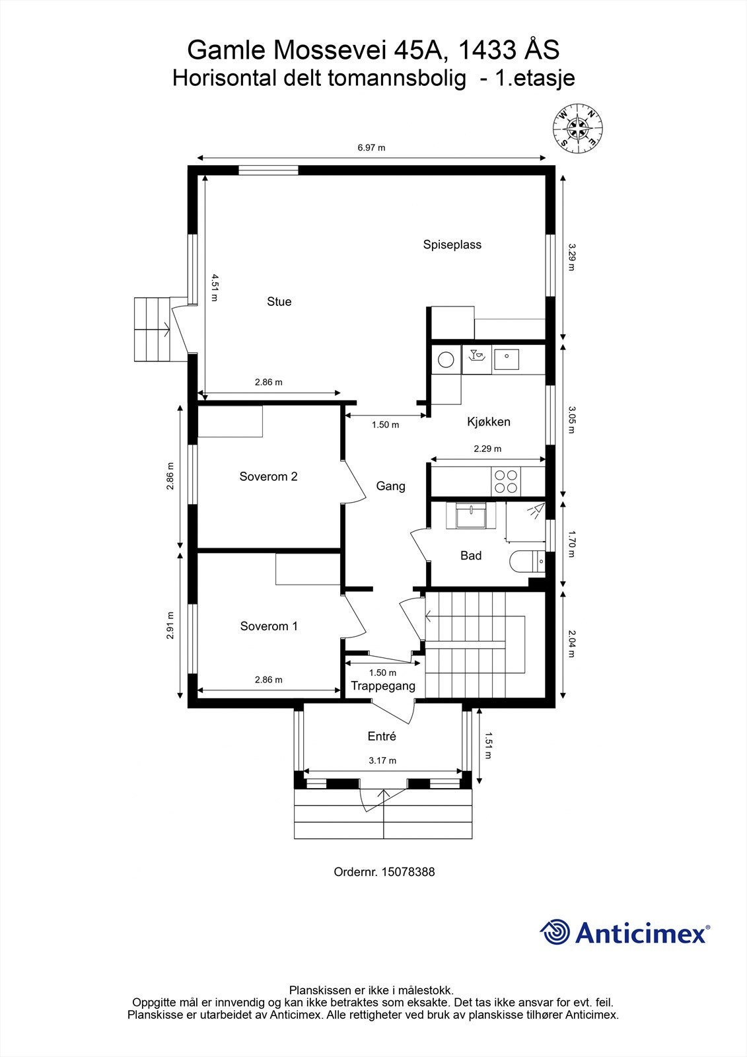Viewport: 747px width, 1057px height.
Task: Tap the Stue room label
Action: tap(279, 302)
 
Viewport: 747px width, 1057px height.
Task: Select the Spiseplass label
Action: tap(452, 245)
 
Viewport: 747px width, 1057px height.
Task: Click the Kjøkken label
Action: tap(489, 422)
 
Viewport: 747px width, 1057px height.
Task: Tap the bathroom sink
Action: tap(472, 515)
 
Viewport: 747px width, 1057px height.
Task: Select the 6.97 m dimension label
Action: tap(371, 148)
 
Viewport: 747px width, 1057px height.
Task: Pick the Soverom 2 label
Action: tap(268, 477)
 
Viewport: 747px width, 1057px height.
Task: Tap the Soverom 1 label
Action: tap(269, 626)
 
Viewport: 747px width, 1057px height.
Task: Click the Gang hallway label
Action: tap(390, 486)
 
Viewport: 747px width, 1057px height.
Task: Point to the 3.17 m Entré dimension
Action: tap(382, 760)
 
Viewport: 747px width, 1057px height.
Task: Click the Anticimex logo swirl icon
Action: tap(555, 932)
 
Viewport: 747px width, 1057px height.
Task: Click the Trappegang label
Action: tap(383, 686)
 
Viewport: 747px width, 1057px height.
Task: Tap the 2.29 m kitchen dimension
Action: tap(487, 449)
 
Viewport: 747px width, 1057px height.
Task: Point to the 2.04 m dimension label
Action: tap(573, 644)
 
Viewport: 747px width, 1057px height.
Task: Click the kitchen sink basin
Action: tap(507, 360)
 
